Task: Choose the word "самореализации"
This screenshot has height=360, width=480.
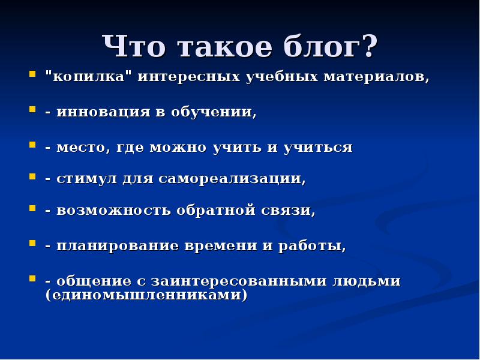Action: [232, 179]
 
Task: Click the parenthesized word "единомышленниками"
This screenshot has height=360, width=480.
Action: [146, 295]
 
